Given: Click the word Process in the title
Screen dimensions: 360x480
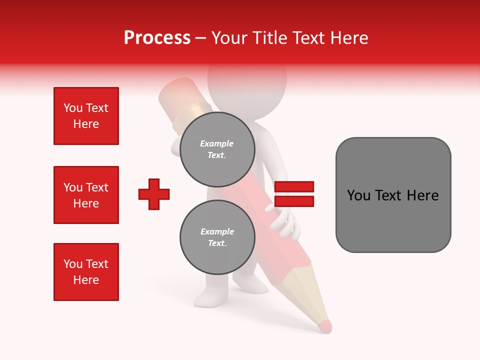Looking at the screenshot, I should coord(157,38).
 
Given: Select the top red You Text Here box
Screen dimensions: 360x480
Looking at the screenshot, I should coord(86,116).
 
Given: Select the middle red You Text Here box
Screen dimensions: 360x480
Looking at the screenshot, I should coord(86,195).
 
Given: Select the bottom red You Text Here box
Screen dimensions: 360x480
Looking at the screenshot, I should coord(86,272).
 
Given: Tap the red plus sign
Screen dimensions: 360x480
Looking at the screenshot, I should coord(154,194).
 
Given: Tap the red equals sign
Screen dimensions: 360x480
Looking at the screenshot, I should coord(294,194).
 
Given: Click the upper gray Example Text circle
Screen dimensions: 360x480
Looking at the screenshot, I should coord(217,149).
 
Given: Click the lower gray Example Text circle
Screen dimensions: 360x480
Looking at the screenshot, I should coord(217,237).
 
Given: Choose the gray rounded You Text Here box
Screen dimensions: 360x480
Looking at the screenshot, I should coord(393,195).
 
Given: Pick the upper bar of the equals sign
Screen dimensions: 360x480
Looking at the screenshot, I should coord(294,187).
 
